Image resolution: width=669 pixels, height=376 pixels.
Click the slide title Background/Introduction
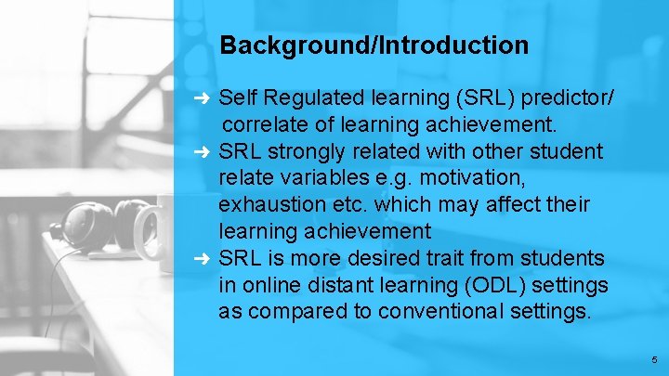(374, 45)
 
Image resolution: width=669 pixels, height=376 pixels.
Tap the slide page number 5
(654, 359)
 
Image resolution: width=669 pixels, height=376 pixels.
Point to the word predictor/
(573, 97)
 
